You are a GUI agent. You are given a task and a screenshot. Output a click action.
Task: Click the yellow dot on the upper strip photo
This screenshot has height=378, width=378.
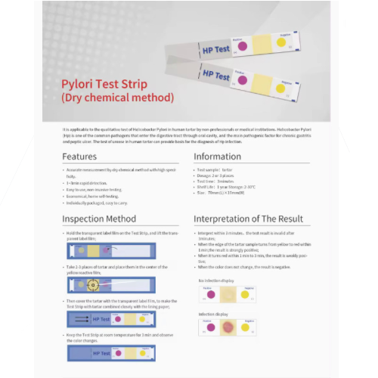pyautogui.click(x=281, y=44)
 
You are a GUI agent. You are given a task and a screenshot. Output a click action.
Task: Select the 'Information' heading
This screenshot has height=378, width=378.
pyautogui.click(x=217, y=156)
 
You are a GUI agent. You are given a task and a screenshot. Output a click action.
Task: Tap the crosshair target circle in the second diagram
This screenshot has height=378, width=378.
pyautogui.click(x=94, y=285)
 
